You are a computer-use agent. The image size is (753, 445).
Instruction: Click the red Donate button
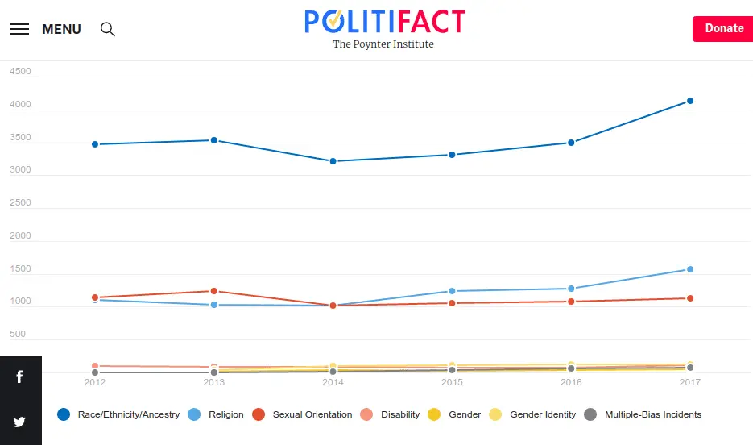723,28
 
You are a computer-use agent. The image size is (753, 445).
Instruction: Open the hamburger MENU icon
19,29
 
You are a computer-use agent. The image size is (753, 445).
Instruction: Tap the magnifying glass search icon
107,29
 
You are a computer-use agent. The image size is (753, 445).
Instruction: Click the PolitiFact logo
384,22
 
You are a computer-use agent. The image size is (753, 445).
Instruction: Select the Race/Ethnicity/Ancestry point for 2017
690,101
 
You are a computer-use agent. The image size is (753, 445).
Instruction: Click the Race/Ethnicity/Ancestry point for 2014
333,161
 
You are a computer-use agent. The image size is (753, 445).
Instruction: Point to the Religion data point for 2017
690,269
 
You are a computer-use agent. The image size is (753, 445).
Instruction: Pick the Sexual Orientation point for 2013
214,291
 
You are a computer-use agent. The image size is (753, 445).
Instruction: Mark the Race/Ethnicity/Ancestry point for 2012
95,144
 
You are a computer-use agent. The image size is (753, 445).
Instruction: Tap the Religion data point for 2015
452,291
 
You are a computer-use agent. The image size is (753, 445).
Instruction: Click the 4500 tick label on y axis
20,71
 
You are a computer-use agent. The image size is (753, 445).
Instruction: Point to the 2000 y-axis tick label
20,236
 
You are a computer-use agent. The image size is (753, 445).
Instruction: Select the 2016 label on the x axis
571,382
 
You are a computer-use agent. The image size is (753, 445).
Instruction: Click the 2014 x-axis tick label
333,382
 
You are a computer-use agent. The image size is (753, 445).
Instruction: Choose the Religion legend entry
216,414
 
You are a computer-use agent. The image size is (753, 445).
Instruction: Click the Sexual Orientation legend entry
303,414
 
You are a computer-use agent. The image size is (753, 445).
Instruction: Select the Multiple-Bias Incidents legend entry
643,414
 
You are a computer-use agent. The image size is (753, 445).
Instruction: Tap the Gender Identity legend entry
533,414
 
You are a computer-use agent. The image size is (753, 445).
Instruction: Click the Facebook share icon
19,376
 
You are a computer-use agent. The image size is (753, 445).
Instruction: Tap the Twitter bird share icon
19,422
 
